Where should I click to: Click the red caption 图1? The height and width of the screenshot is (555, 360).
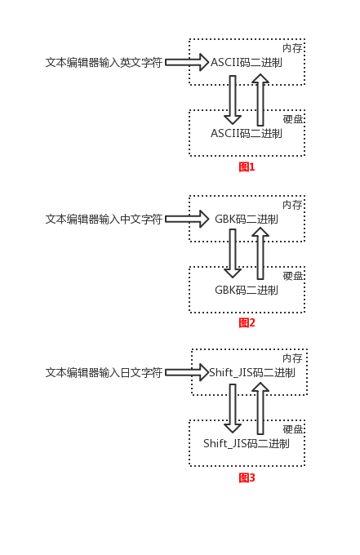pyautogui.click(x=247, y=166)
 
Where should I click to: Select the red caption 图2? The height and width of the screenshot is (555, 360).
pyautogui.click(x=247, y=322)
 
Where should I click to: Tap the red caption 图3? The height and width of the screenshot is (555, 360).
pyautogui.click(x=247, y=477)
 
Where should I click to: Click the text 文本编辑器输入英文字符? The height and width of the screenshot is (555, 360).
pyautogui.click(x=104, y=62)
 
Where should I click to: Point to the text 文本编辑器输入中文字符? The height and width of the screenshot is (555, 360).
pyautogui.click(x=104, y=219)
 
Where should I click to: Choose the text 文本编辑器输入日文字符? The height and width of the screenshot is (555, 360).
pyautogui.click(x=104, y=372)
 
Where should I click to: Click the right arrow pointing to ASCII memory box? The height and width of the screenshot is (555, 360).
pyautogui.click(x=187, y=62)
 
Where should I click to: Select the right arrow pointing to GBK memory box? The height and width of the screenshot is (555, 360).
pyautogui.click(x=187, y=219)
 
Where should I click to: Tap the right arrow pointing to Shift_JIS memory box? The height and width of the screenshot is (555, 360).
pyautogui.click(x=187, y=372)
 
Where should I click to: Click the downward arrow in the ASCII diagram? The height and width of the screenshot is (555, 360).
pyautogui.click(x=233, y=99)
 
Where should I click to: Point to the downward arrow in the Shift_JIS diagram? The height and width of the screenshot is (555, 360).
pyautogui.click(x=233, y=408)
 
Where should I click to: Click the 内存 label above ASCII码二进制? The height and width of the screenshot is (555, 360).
pyautogui.click(x=292, y=48)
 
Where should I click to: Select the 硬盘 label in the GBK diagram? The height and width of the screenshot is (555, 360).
pyautogui.click(x=293, y=276)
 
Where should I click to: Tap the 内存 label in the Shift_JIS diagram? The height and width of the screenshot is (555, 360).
pyautogui.click(x=292, y=358)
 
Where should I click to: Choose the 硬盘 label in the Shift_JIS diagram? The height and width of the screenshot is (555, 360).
pyautogui.click(x=293, y=429)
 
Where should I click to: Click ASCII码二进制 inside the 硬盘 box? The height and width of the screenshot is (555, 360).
pyautogui.click(x=247, y=133)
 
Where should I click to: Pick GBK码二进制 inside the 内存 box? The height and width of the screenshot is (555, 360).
pyautogui.click(x=247, y=219)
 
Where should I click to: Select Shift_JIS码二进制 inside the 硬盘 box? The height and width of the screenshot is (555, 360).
pyautogui.click(x=247, y=444)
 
